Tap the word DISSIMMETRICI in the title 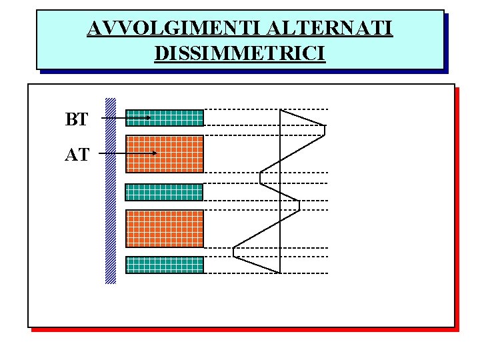(x=240, y=52)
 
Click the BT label (x=76, y=120)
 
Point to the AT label (x=76, y=155)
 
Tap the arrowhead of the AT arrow (x=154, y=153)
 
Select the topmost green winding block (x=165, y=118)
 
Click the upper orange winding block (x=165, y=154)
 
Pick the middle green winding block (x=165, y=192)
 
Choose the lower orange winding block (x=165, y=229)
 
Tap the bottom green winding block (x=165, y=265)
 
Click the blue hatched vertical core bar (x=111, y=191)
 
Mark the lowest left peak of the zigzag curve (x=234, y=251)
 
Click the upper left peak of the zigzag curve (x=260, y=177)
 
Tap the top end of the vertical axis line (x=280, y=109)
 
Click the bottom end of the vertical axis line (x=280, y=273)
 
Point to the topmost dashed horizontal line (x=267, y=109)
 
